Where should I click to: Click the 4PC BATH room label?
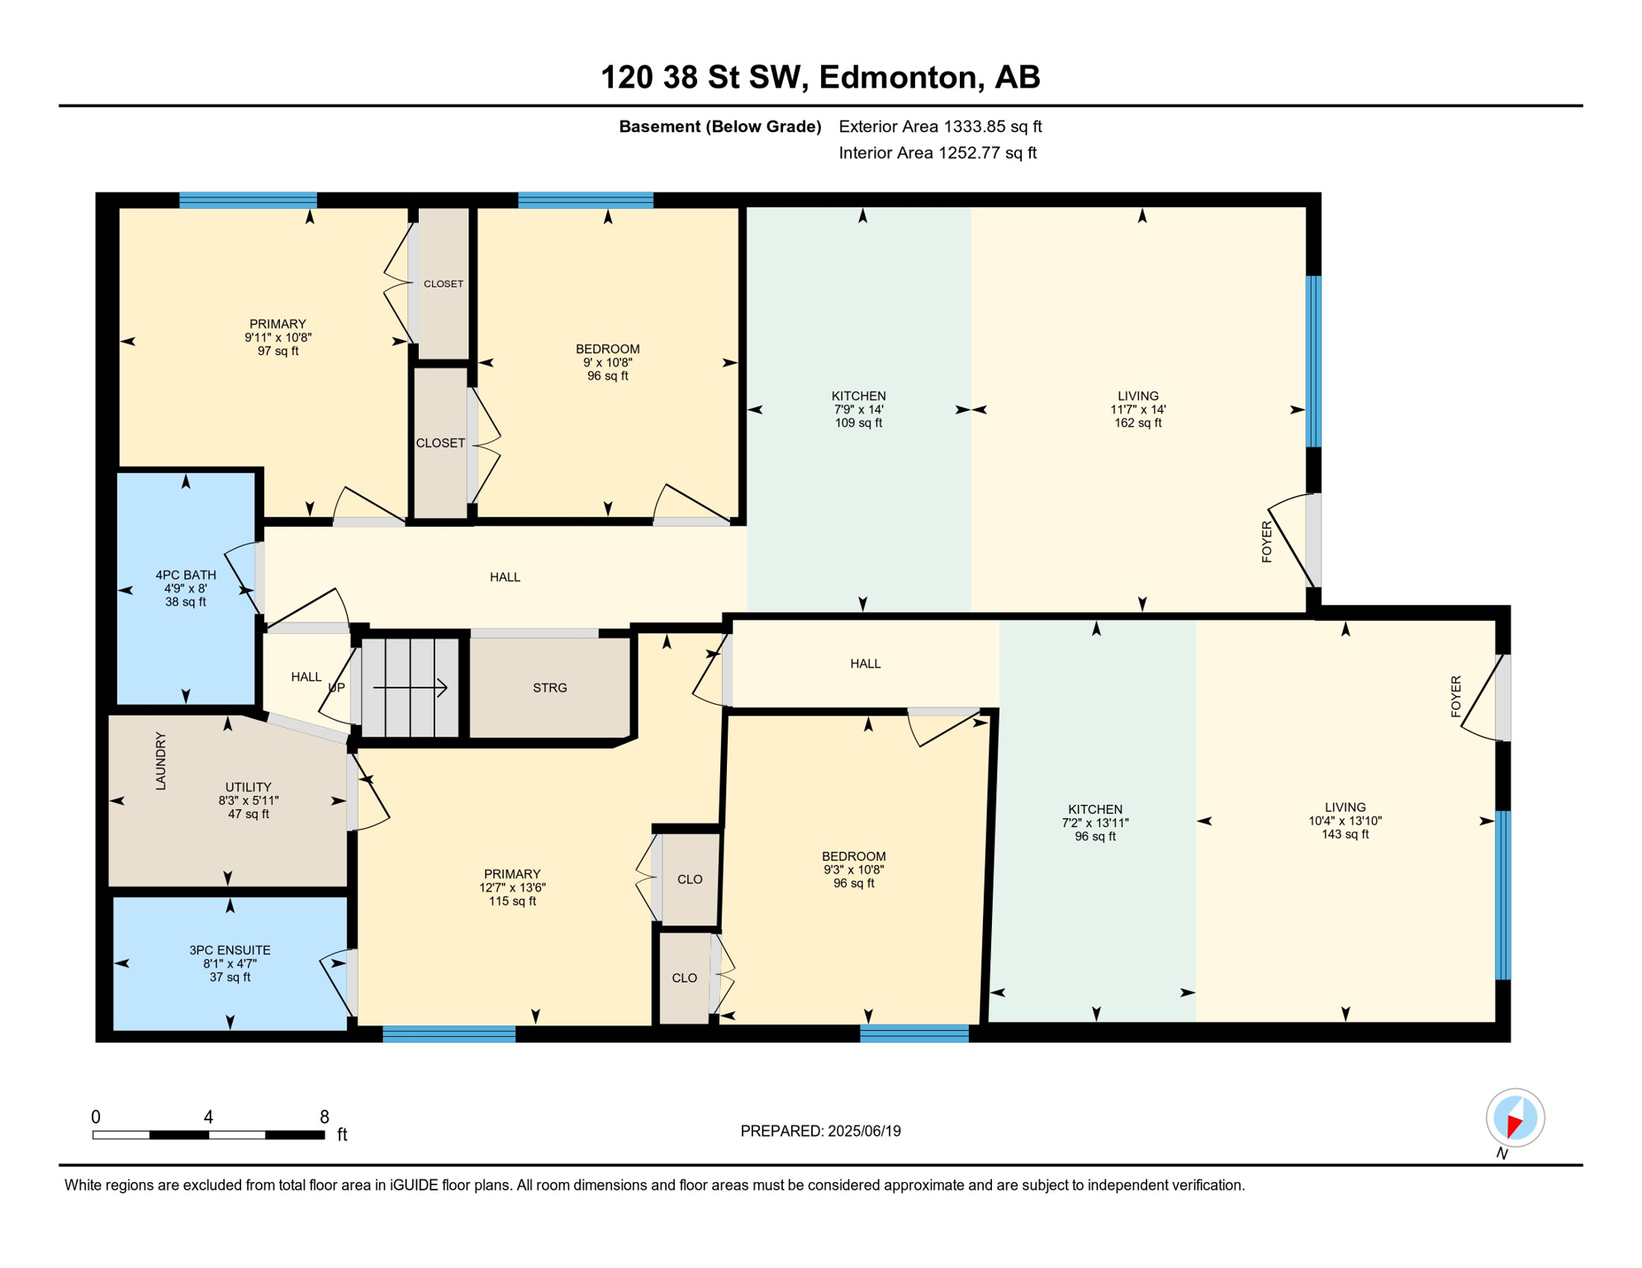coord(186,575)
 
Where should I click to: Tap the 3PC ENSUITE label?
coord(230,950)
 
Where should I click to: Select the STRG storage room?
coord(550,688)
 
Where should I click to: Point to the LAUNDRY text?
coord(161,760)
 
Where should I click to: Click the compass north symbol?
coord(1515,1119)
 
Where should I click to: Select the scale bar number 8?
coord(325,1117)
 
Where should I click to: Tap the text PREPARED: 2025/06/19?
coord(820,1131)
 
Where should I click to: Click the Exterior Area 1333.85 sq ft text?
coord(940,126)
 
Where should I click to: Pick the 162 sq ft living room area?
coord(1138,423)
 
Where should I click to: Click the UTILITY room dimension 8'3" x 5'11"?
coord(249,801)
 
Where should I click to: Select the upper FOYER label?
coord(1267,542)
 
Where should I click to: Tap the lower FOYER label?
coord(1456,696)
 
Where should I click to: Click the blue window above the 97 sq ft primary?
coord(248,200)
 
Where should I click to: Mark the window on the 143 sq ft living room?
coord(1503,895)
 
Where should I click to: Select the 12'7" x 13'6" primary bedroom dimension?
coord(512,887)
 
